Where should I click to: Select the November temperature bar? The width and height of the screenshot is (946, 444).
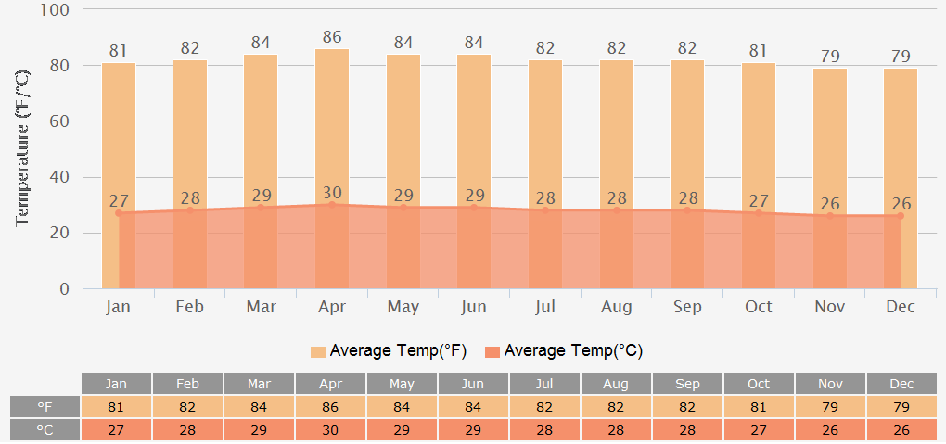pyautogui.click(x=830, y=139)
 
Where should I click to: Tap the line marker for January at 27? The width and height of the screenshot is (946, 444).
pyautogui.click(x=119, y=213)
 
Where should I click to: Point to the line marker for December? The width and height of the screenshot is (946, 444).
pyautogui.click(x=901, y=216)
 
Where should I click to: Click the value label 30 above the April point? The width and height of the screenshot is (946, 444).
pyautogui.click(x=332, y=193)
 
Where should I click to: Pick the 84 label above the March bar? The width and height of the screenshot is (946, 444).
pyautogui.click(x=261, y=43)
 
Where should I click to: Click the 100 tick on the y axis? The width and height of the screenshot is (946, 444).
pyautogui.click(x=57, y=10)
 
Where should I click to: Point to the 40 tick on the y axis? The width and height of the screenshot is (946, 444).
pyautogui.click(x=60, y=177)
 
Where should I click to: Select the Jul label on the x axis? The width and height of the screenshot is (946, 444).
pyautogui.click(x=545, y=307)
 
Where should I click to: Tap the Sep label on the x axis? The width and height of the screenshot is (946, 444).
pyautogui.click(x=687, y=307)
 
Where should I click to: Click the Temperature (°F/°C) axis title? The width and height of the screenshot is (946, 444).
pyautogui.click(x=24, y=148)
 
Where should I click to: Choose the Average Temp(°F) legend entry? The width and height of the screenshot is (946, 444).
pyautogui.click(x=389, y=351)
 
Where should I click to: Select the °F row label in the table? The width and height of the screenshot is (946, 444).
pyautogui.click(x=45, y=407)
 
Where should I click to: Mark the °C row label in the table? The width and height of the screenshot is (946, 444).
pyautogui.click(x=45, y=430)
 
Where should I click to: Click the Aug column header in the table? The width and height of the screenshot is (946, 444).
pyautogui.click(x=617, y=384)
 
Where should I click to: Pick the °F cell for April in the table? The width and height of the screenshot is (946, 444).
pyautogui.click(x=330, y=407)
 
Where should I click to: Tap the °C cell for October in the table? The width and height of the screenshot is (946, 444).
pyautogui.click(x=759, y=430)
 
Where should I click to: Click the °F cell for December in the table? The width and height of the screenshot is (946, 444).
pyautogui.click(x=901, y=407)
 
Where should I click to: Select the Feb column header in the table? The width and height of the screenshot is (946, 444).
pyautogui.click(x=187, y=384)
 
